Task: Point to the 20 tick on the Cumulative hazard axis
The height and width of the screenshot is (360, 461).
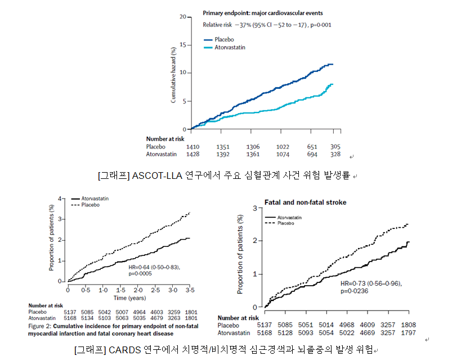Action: (182, 17)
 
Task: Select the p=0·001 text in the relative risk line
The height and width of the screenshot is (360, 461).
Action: (319, 25)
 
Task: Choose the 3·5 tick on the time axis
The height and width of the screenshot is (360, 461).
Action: (190, 290)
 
